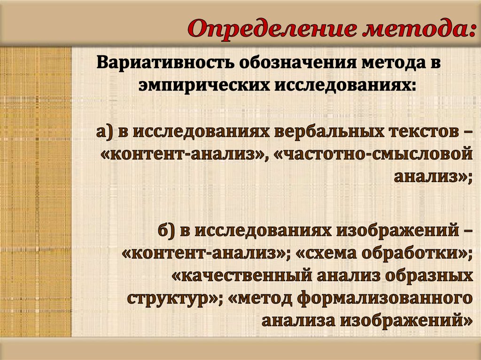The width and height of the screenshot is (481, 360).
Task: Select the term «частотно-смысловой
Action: tap(374, 154)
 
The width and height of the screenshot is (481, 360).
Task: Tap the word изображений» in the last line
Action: tap(406, 321)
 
